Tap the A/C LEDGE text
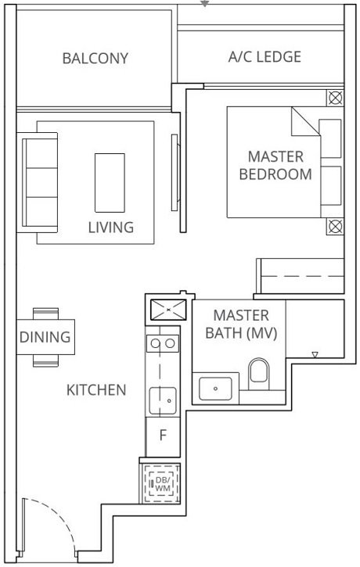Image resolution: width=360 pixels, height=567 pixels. point(265,57)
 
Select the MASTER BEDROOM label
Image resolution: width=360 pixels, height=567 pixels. point(275,166)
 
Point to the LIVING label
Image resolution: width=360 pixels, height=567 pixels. point(110,228)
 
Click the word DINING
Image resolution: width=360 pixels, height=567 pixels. point(45,338)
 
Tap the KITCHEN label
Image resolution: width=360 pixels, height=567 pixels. point(95,389)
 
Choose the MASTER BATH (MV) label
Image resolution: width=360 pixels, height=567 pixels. point(241,324)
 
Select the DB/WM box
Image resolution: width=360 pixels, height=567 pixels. point(163,484)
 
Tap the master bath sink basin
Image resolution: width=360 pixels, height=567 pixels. point(214,386)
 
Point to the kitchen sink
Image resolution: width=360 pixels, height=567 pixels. point(164,400)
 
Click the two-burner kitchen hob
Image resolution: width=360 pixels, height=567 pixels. point(163,343)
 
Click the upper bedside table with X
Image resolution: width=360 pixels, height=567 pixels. point(335,99)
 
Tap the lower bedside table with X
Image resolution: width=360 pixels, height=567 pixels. point(335,227)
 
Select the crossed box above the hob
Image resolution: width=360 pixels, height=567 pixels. point(167,309)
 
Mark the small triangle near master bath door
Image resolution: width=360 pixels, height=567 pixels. point(315,355)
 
